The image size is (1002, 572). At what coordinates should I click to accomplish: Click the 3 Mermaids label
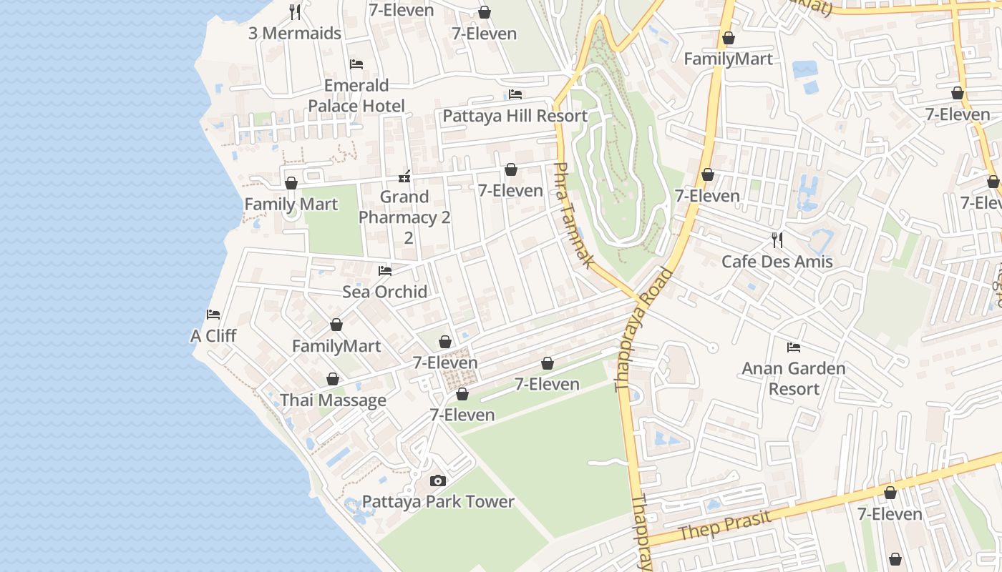click(x=294, y=33)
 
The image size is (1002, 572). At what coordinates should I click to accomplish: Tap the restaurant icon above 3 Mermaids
click(x=294, y=11)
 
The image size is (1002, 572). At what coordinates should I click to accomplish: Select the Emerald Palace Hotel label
click(x=356, y=96)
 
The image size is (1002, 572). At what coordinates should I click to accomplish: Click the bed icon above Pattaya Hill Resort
click(x=515, y=94)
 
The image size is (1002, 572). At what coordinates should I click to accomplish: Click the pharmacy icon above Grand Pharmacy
click(x=404, y=177)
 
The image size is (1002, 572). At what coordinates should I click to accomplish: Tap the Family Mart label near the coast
click(x=291, y=204)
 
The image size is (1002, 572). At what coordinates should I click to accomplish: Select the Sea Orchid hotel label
click(x=384, y=292)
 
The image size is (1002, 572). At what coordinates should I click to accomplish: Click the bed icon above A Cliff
click(x=213, y=315)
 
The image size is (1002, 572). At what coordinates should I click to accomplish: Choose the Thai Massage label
click(x=333, y=400)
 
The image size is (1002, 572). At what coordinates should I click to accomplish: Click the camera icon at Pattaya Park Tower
click(x=438, y=481)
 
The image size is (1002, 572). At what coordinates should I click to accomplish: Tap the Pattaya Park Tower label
click(x=438, y=501)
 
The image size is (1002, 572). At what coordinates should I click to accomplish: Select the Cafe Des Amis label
click(x=777, y=261)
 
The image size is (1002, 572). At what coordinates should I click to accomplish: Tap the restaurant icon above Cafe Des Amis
click(x=777, y=240)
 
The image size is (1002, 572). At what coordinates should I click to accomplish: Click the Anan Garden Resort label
click(x=794, y=378)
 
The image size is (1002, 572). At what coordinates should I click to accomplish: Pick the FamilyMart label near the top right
click(x=728, y=59)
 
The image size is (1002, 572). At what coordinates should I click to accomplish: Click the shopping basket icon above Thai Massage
click(x=332, y=379)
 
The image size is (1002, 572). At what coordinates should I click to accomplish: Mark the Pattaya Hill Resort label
click(x=515, y=116)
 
